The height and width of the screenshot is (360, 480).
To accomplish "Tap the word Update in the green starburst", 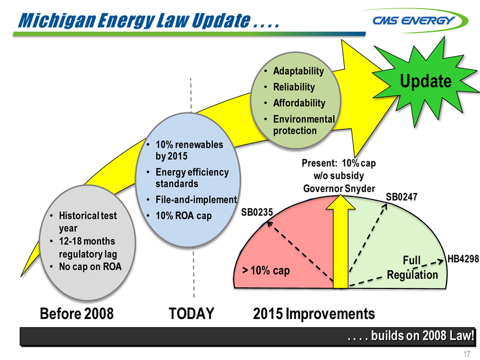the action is click(x=425, y=81).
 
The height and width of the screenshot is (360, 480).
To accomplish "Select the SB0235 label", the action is click(x=257, y=212).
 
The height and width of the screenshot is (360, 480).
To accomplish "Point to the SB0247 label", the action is click(x=401, y=197).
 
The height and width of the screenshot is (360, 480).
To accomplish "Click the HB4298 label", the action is click(x=463, y=259).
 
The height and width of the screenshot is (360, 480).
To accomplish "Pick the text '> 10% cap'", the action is click(x=266, y=271).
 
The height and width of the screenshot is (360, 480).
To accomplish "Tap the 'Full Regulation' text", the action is click(x=412, y=268).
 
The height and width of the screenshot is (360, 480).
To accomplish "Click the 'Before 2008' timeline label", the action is click(x=76, y=314).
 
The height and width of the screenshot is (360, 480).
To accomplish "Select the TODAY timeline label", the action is click(x=191, y=314).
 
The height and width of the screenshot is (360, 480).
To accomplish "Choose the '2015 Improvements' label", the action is click(x=314, y=314).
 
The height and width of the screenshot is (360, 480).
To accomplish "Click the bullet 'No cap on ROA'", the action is click(x=90, y=267).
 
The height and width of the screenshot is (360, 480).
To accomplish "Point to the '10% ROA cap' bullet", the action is click(x=183, y=216).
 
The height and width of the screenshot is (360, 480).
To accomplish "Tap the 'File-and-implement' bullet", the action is click(x=196, y=200).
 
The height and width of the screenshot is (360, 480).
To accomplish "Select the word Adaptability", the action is click(x=298, y=71).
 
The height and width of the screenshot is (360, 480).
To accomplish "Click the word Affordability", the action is click(x=299, y=103).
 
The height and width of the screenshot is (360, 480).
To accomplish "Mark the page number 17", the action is click(x=466, y=354).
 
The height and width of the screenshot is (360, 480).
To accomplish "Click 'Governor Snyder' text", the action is click(x=339, y=188).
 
